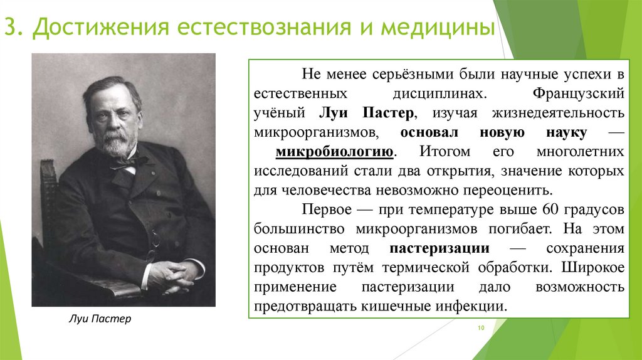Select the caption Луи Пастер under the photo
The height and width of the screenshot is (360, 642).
(x=100, y=319)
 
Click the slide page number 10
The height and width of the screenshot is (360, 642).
(x=482, y=329)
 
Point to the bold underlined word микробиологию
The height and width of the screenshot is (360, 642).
(x=335, y=152)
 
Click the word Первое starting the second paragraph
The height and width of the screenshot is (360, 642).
(x=324, y=208)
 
